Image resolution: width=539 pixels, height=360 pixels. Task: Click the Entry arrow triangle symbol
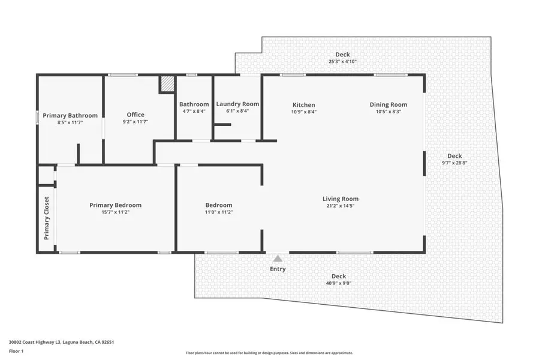(x=278, y=258)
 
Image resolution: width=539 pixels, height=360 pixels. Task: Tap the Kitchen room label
(x=303, y=105)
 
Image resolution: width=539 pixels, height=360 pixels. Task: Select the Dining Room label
(x=388, y=105)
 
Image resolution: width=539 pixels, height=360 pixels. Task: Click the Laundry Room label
(x=237, y=104)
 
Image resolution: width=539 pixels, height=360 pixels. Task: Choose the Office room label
(x=135, y=115)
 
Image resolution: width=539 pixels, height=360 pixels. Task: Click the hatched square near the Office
(x=166, y=84)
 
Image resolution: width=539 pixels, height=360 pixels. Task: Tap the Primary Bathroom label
(x=70, y=115)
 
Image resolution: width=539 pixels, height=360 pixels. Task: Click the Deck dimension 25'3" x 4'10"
(x=342, y=61)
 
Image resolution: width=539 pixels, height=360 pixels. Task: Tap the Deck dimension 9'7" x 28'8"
(x=454, y=163)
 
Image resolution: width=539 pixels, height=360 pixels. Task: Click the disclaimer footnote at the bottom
(x=269, y=353)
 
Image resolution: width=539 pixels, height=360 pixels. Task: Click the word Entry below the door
(x=278, y=269)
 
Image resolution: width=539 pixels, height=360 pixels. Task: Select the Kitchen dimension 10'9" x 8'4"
(x=303, y=112)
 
